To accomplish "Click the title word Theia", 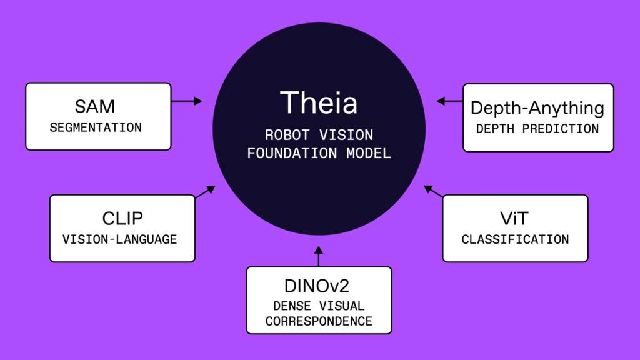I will pyautogui.click(x=319, y=102).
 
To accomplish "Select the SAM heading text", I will pyautogui.click(x=95, y=107).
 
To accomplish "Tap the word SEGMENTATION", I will pyautogui.click(x=96, y=127).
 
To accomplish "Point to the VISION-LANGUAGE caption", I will pyautogui.click(x=120, y=239).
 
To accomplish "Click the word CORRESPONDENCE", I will pyautogui.click(x=319, y=322).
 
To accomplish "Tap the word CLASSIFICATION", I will pyautogui.click(x=515, y=239).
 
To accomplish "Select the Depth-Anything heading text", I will pyautogui.click(x=537, y=107).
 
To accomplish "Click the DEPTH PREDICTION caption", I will pyautogui.click(x=537, y=129).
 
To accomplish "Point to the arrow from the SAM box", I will pyautogui.click(x=187, y=101).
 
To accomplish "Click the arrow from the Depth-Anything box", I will pyautogui.click(x=449, y=101).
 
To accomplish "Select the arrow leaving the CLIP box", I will pyautogui.click(x=205, y=191).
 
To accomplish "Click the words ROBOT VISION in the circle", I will pyautogui.click(x=319, y=134).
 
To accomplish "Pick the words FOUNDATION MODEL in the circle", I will pyautogui.click(x=319, y=153).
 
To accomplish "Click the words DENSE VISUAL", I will pyautogui.click(x=319, y=306).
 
